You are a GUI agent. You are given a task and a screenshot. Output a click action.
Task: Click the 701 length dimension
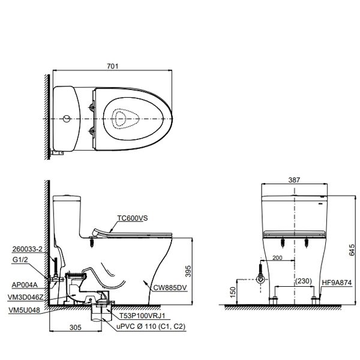click(x=113, y=66)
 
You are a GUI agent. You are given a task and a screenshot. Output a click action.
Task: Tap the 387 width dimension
click(x=294, y=180)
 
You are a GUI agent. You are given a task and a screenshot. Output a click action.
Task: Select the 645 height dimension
click(x=351, y=250)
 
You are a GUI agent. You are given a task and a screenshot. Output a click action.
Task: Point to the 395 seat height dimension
click(x=188, y=271)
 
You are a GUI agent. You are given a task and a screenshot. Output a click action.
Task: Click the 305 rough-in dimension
click(x=76, y=328)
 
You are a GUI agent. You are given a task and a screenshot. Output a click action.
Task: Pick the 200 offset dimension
click(x=277, y=257)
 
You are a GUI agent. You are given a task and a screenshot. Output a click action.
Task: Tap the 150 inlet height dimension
click(x=233, y=292)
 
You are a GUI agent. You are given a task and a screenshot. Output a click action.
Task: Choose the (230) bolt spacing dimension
click(x=304, y=281)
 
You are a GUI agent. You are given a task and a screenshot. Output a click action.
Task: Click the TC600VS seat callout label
click(x=133, y=218)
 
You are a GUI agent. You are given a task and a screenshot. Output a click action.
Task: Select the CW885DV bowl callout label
click(x=170, y=287)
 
